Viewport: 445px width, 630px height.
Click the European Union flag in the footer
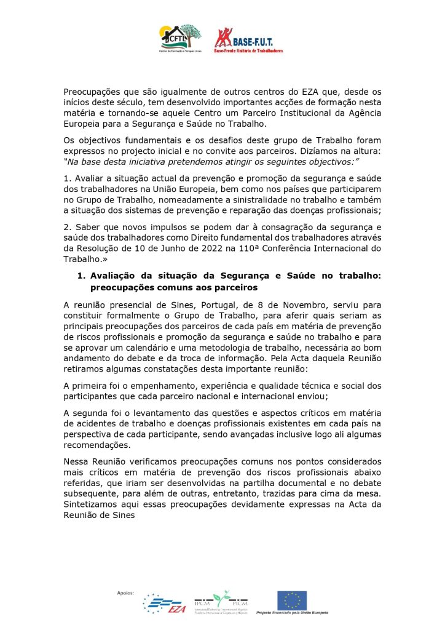[x=292, y=600]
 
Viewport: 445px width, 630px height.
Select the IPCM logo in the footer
[x=221, y=603]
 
